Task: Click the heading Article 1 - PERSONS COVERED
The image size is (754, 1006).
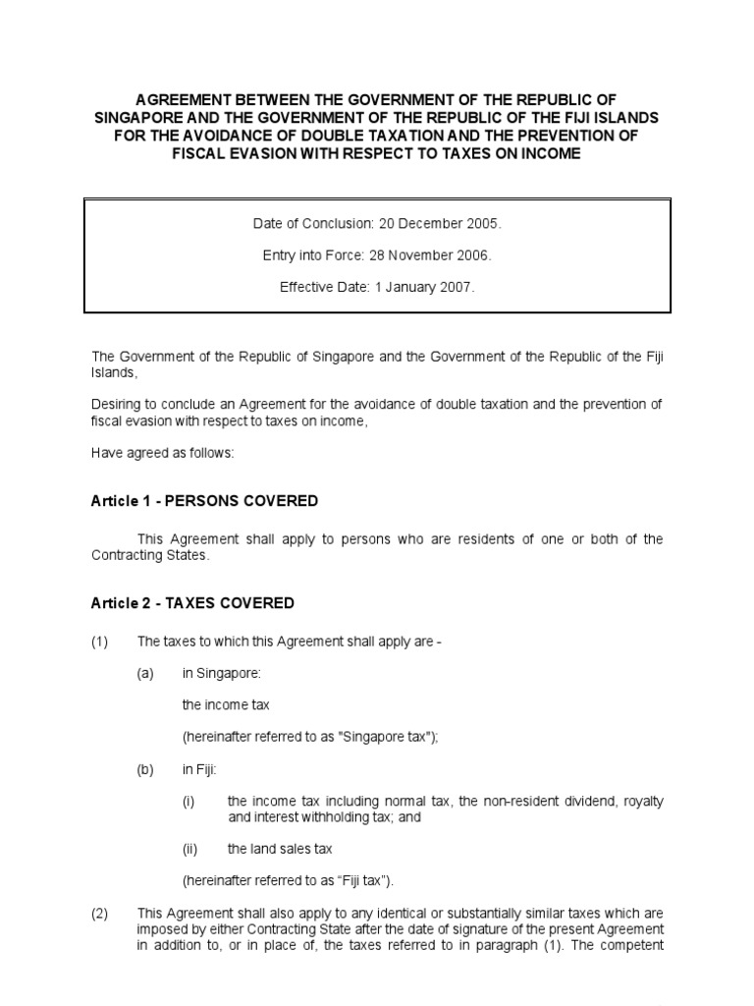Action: [x=204, y=501]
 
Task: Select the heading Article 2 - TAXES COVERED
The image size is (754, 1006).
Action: [x=192, y=603]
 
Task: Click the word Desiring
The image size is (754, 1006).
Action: [x=117, y=404]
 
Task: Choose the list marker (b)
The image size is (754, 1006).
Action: [x=145, y=769]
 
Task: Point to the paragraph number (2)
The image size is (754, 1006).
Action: [x=100, y=913]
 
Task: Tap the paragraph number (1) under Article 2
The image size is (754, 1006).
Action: [x=100, y=642]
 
